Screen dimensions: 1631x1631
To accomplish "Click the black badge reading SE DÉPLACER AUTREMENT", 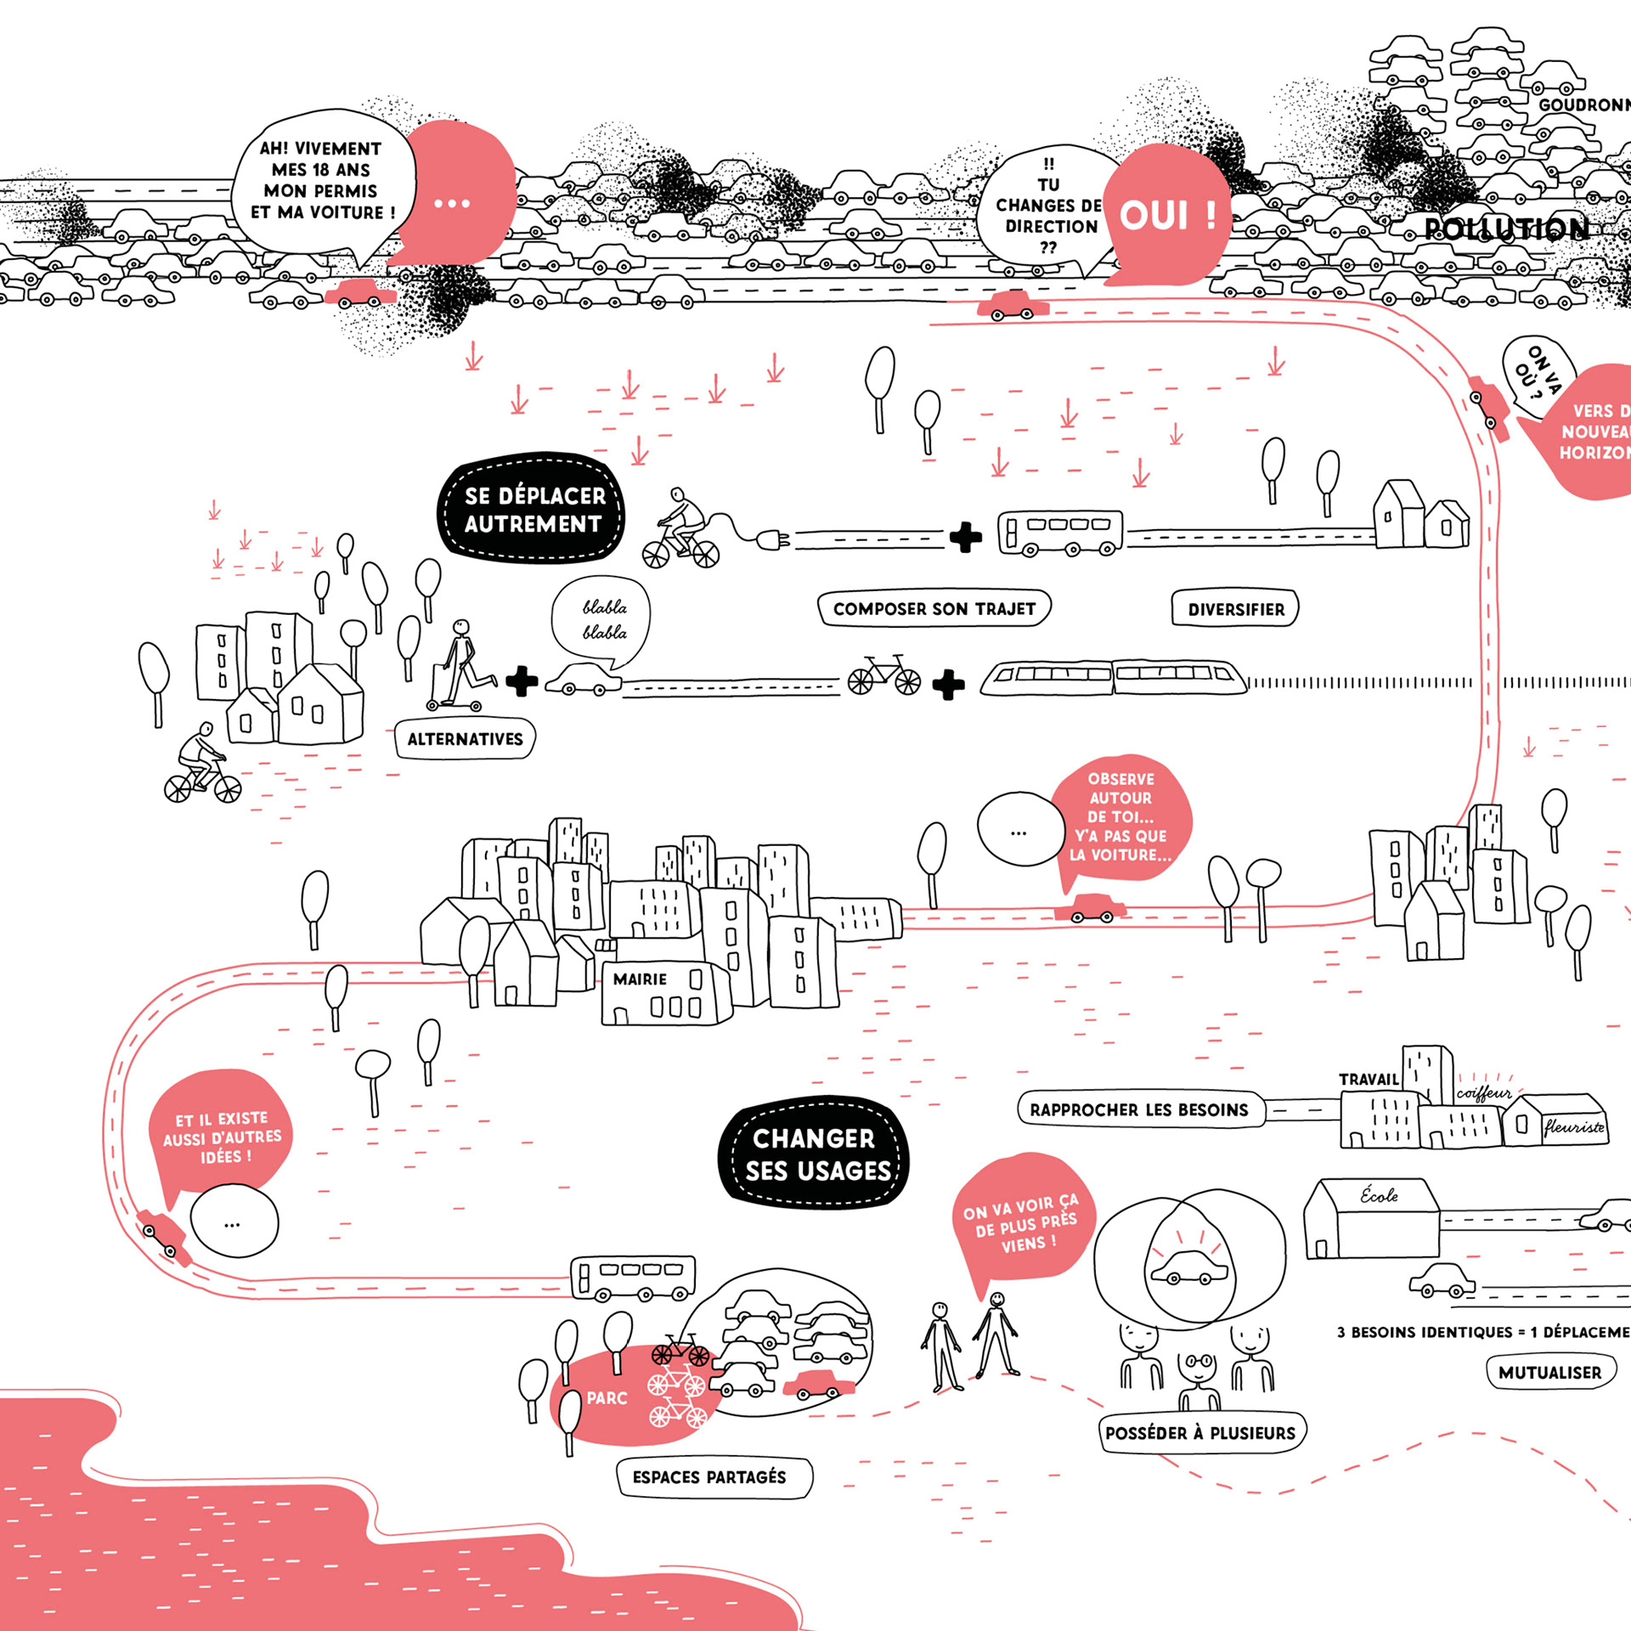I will tap(533, 509).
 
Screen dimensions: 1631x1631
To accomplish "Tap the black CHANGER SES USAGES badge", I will tap(815, 1154).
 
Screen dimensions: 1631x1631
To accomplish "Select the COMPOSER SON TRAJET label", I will tap(934, 608).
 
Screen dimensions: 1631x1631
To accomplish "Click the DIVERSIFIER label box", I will tap(1235, 609).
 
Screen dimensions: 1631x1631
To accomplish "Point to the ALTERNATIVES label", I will tap(465, 739).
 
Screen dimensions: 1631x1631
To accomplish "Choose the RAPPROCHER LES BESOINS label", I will tap(1138, 1109).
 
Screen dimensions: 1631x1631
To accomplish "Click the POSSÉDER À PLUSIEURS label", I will tap(1199, 1432).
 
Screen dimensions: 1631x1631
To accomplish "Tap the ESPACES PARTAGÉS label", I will tap(710, 1476).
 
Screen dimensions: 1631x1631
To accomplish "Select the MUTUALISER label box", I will tap(1549, 1372).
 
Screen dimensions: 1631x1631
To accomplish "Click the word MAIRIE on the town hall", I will tap(640, 979).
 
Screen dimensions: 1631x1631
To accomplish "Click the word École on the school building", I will tap(1379, 1195).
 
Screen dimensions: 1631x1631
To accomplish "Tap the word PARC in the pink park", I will tap(607, 1397).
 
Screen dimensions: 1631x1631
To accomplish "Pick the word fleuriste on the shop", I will tap(1574, 1127).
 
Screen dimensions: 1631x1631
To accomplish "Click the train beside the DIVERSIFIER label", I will tap(1113, 677).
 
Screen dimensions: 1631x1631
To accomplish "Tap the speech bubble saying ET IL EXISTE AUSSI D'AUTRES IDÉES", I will tap(222, 1137).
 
